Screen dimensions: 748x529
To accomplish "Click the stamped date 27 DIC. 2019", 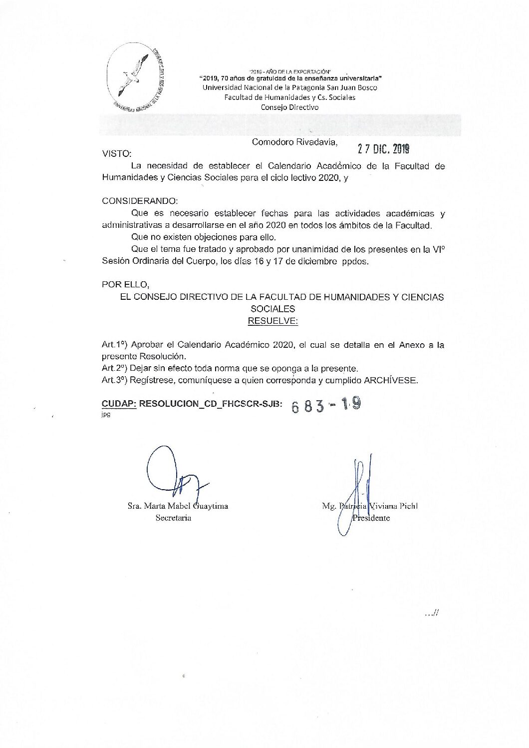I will coord(383,149).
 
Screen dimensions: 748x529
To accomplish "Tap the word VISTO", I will coord(117,154).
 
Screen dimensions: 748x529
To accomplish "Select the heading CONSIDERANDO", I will coord(140,201).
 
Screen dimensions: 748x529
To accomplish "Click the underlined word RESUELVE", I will coord(272,321).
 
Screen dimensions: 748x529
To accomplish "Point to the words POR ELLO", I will coord(125,284).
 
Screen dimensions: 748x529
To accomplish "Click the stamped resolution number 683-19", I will coord(326,405).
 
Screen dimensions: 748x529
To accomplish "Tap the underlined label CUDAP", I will coord(119,403).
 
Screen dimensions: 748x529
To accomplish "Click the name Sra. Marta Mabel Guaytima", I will coord(178,506).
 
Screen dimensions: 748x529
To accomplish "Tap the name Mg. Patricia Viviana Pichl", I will coord(370,506).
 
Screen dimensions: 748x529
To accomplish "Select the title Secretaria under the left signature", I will coord(173,518).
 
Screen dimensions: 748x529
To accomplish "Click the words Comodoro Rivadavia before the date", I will coord(294,142).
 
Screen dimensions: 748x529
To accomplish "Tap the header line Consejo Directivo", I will coord(289,107).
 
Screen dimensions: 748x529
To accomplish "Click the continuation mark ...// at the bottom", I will coord(431,614).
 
